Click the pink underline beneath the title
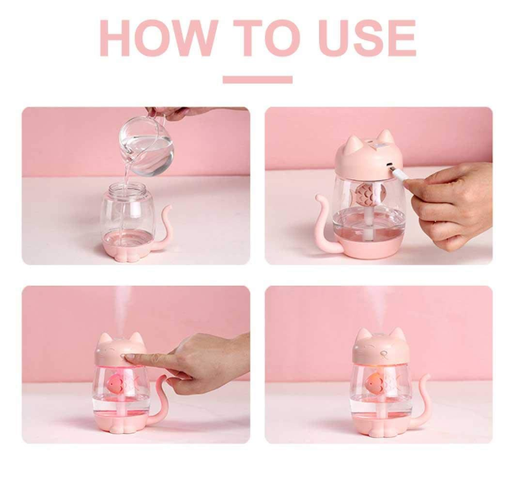(x=258, y=79)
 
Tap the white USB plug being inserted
(x=398, y=173)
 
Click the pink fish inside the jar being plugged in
(x=367, y=195)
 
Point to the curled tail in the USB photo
(x=325, y=223)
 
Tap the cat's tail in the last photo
(x=422, y=399)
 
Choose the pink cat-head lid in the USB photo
(x=369, y=156)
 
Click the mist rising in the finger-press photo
(x=124, y=311)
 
